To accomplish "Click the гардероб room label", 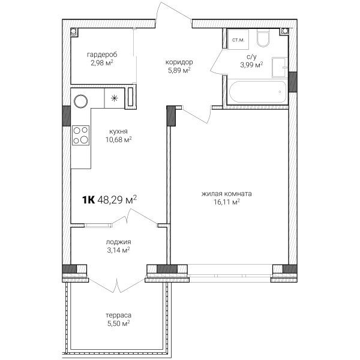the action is (102, 55).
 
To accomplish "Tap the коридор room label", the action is (179, 62).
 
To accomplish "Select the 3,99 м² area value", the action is (251, 65).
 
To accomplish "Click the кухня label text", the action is (118, 131).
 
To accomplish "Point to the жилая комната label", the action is (227, 194).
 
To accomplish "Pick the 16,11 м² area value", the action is (227, 202).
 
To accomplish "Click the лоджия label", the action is (118, 242).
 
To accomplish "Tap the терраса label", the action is (118, 315).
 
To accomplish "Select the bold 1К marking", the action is (88, 200).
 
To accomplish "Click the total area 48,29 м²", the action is (117, 200).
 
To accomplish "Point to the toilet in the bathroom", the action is (263, 38).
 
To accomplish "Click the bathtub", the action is (258, 92).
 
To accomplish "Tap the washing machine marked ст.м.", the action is (238, 39).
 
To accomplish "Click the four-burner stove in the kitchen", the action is (81, 136).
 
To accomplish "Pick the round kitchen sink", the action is (80, 101).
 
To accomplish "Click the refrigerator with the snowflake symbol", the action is (115, 98).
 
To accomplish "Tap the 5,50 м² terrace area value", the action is (118, 323).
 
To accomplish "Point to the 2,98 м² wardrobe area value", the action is (102, 62).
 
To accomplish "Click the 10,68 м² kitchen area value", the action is (118, 139).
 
